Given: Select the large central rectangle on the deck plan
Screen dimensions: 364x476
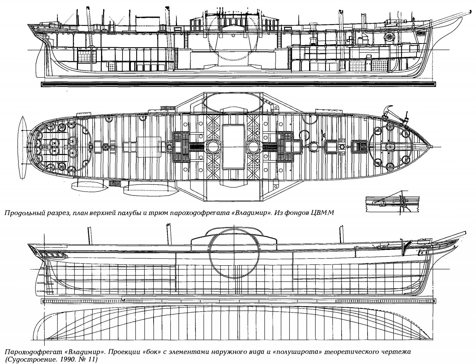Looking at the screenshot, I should click(234, 147).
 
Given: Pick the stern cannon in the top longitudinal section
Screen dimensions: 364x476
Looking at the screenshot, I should click(51, 24).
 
